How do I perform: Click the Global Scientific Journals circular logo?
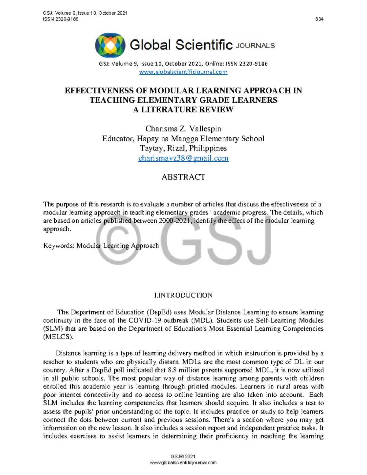coord(110,45)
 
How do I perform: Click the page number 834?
coord(319,19)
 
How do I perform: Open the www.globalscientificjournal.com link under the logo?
coord(183,72)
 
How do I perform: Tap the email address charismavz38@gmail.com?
coord(183,158)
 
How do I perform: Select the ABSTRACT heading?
coord(183,177)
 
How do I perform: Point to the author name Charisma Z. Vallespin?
coord(183,129)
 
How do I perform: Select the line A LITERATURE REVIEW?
coord(183,109)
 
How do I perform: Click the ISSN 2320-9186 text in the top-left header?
coord(61,19)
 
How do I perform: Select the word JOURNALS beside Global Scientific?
coord(255,46)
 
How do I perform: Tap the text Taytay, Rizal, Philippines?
coord(183,148)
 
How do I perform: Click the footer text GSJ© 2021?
coord(183,456)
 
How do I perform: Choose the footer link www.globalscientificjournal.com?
coord(183,462)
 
